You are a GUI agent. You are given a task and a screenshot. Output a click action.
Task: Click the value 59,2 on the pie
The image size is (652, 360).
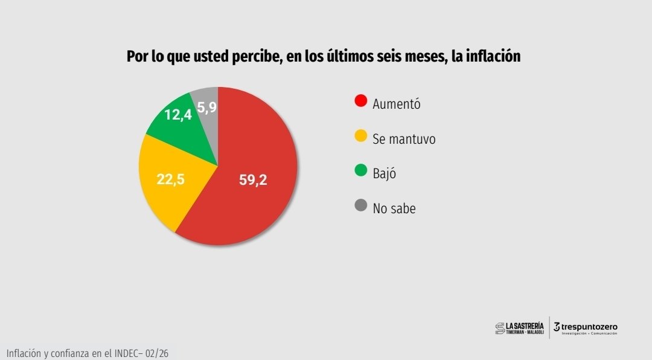[x=253, y=180]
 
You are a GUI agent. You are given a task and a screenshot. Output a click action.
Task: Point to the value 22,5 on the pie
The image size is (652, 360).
[x=170, y=179]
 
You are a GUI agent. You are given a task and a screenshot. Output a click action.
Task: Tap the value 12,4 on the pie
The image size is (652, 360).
[x=178, y=114]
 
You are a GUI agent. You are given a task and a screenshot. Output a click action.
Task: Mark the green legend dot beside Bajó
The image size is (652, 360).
[x=361, y=172]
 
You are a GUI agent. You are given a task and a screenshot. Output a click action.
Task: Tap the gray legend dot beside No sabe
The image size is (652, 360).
[x=361, y=206]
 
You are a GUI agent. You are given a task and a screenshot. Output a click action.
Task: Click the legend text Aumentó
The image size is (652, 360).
[x=396, y=104]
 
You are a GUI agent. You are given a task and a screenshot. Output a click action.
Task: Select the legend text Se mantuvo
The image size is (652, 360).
[x=404, y=139]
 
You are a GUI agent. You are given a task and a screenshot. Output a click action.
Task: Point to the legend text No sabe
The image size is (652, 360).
[x=394, y=209]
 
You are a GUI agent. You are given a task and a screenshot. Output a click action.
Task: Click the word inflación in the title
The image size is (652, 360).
[x=491, y=56]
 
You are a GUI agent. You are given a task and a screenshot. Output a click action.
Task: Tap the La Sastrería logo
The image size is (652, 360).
[x=520, y=327]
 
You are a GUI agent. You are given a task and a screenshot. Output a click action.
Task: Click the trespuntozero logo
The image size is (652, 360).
[x=585, y=327]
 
